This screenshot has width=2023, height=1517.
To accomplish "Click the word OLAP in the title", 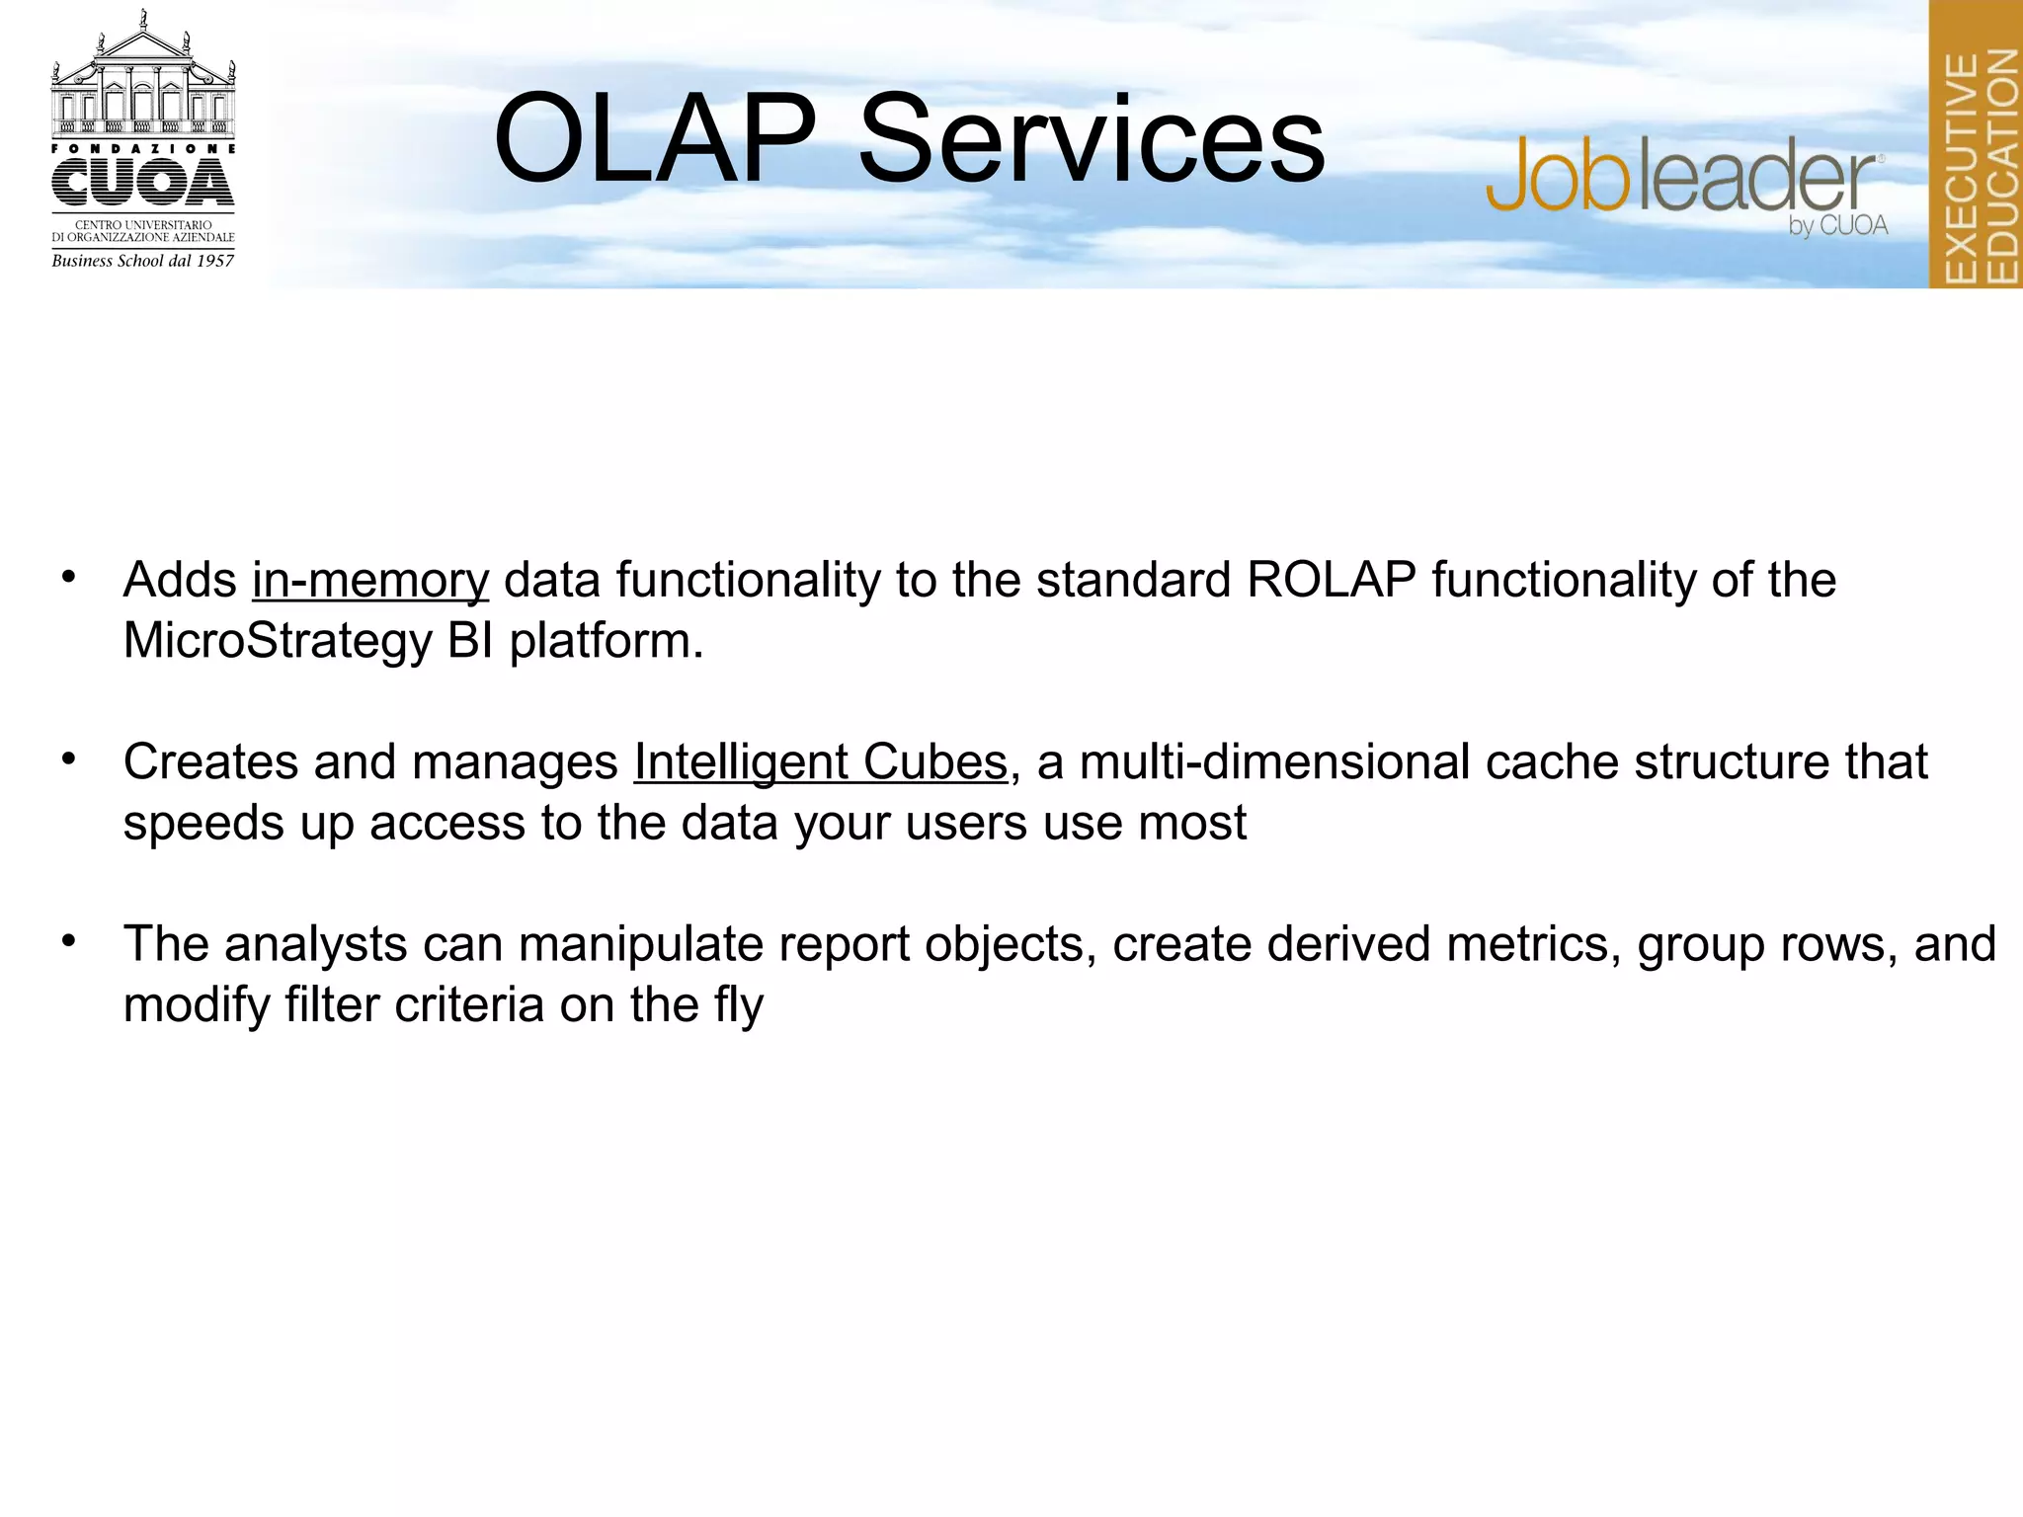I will (x=655, y=140).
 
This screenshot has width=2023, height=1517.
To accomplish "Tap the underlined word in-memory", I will (x=370, y=581).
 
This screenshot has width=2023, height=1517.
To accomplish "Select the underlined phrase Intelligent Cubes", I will (x=820, y=762).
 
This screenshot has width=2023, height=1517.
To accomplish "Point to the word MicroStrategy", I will (x=278, y=642).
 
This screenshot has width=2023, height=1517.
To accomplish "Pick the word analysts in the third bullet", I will (x=315, y=944).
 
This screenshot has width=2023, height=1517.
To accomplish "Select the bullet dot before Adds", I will (x=68, y=577).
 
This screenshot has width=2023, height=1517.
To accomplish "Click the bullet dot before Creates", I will (x=68, y=759).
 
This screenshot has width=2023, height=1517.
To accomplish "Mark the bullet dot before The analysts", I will (x=68, y=941).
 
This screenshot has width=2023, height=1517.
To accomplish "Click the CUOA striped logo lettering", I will (x=143, y=183).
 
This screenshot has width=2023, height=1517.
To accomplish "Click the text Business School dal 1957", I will (x=143, y=261).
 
